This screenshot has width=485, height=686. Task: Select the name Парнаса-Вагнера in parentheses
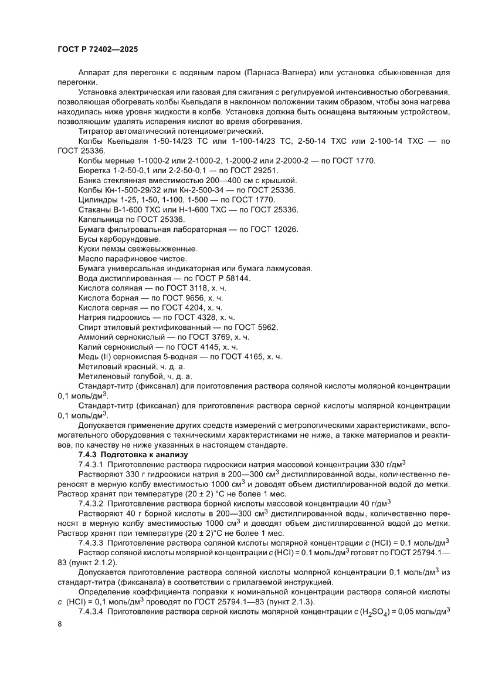[279, 73]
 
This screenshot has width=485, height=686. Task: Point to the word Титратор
[94, 131]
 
